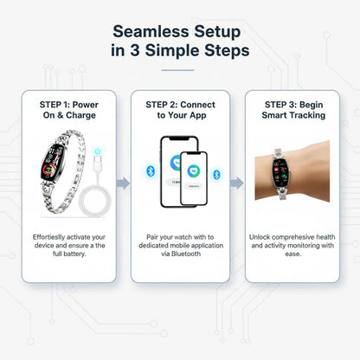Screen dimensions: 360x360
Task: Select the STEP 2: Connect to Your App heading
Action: click(x=181, y=109)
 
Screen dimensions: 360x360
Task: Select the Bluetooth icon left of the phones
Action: click(x=149, y=170)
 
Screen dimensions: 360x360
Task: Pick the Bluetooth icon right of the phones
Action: click(x=217, y=174)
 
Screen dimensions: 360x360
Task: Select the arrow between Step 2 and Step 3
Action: click(x=237, y=183)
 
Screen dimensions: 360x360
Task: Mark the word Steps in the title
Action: click(x=226, y=50)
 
